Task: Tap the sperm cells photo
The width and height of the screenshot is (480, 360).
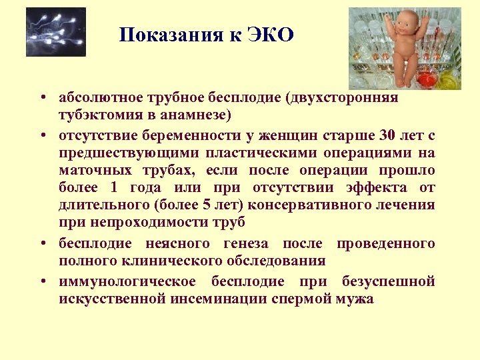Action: (56, 32)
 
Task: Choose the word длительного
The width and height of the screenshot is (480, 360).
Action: (95, 205)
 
